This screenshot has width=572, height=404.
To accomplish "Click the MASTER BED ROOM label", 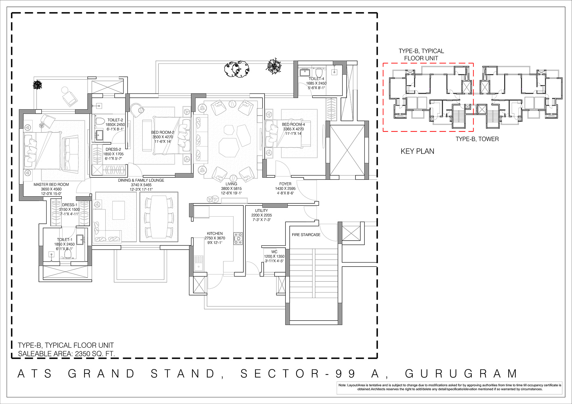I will [x=51, y=185].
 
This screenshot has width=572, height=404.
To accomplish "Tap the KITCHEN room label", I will [x=215, y=233].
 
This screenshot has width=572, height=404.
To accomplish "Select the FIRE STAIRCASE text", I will [x=306, y=235].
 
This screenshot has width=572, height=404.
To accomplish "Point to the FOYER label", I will [x=285, y=184].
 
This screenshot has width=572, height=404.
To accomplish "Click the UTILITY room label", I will [x=261, y=211].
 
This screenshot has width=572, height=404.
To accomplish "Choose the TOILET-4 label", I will [x=316, y=79].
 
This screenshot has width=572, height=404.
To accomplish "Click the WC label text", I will [x=274, y=252].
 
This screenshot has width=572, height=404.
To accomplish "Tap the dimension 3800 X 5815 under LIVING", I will [x=231, y=189].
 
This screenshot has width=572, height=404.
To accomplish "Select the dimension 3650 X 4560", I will [x=51, y=189].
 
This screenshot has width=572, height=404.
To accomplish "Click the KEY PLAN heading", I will [x=417, y=151].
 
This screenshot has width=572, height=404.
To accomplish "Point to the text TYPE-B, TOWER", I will [x=477, y=139].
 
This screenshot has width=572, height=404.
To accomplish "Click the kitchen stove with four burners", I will [x=238, y=239].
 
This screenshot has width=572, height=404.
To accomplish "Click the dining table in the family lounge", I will [x=159, y=216].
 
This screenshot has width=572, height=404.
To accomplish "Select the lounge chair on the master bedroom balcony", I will [x=69, y=96].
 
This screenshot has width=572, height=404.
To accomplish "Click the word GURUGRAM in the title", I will [x=461, y=374].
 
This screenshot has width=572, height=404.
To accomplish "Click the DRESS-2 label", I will [x=113, y=149].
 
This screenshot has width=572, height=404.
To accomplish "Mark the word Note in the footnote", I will [x=342, y=385].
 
